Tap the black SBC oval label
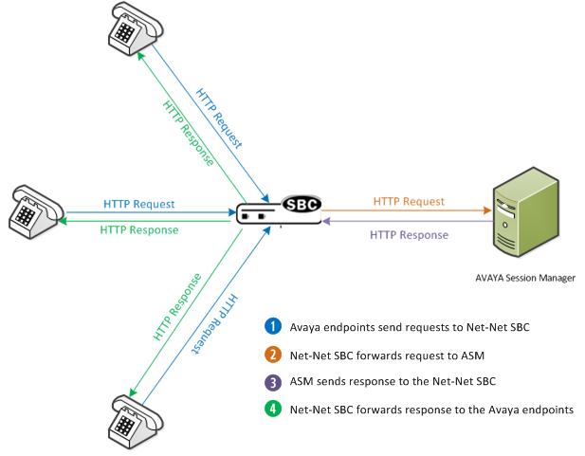click(x=302, y=204)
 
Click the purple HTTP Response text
click(x=410, y=234)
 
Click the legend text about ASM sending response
click(x=394, y=382)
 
